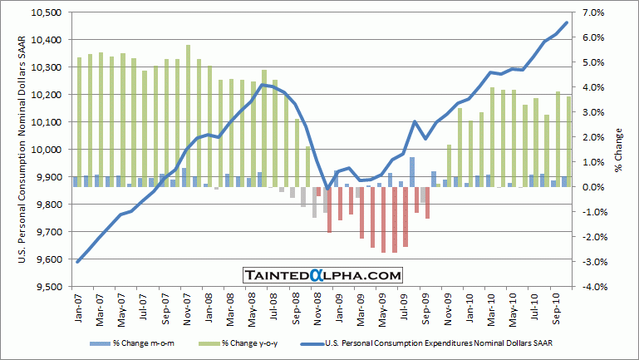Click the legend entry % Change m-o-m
(x=138, y=342)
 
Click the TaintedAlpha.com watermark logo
(x=323, y=275)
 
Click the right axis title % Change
(x=619, y=150)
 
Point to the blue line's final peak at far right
(x=567, y=22)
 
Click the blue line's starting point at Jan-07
(x=77, y=262)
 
